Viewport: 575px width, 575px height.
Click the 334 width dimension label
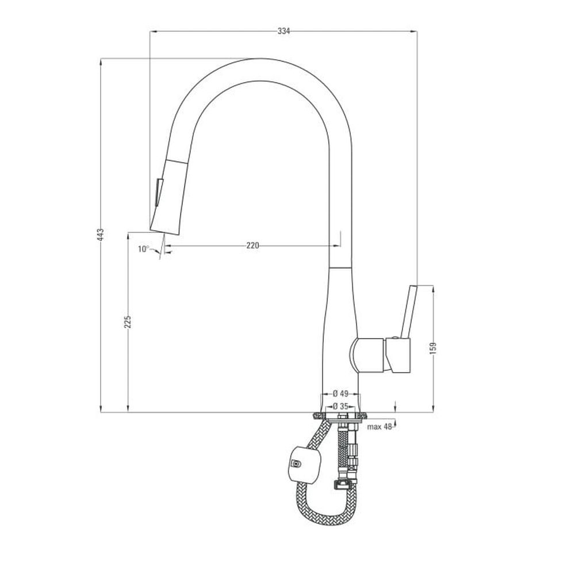coord(283,31)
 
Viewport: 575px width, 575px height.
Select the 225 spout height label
coord(128,321)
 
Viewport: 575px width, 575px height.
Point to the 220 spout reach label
coord(252,246)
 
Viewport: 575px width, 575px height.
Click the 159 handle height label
coord(433,348)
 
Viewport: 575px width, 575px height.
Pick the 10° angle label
coord(143,249)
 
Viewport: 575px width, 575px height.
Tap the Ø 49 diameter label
coord(340,394)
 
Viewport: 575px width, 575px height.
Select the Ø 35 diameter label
coord(340,407)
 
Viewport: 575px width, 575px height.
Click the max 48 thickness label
coord(379,427)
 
